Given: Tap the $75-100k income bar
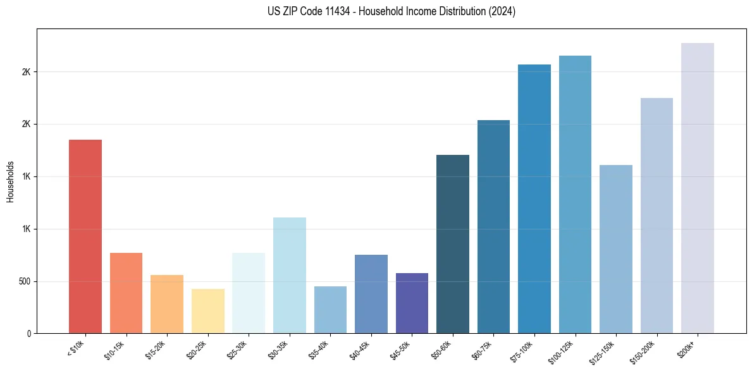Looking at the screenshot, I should coord(534,199).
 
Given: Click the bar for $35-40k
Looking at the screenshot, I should coord(330,310).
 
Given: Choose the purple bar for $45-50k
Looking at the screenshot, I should coord(412,303).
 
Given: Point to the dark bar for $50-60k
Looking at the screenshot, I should coord(453,243).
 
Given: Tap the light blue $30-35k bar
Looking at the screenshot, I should coord(290,275).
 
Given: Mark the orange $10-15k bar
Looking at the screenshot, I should coord(126,293).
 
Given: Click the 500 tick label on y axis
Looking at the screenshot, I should coord(25,281).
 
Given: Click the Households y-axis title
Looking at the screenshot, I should coord(11,181).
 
